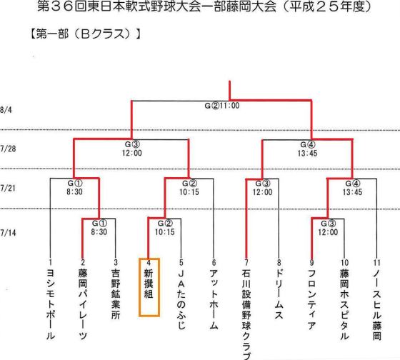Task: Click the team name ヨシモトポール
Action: pyautogui.click(x=51, y=304)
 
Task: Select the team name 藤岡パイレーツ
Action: pyautogui.click(x=83, y=304)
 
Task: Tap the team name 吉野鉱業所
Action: pyautogui.click(x=116, y=294)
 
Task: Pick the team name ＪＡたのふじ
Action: pyautogui.click(x=181, y=299)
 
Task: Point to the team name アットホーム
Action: pyautogui.click(x=214, y=299)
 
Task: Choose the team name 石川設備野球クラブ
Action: pyautogui.click(x=246, y=314)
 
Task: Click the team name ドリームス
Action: pyautogui.click(x=279, y=294)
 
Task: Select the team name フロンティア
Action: pyautogui.click(x=311, y=299)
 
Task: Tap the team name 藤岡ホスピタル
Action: pyautogui.click(x=344, y=304)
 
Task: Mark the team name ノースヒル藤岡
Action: pyautogui.click(x=377, y=304)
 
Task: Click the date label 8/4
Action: pyautogui.click(x=6, y=110)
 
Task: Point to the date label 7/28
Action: pyautogui.click(x=8, y=149)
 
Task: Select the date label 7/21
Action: pyautogui.click(x=8, y=189)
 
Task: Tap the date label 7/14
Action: pyautogui.click(x=8, y=233)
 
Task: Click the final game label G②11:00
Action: pyautogui.click(x=222, y=106)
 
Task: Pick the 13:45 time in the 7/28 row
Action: pyautogui.click(x=307, y=153)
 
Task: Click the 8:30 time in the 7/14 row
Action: pyautogui.click(x=99, y=232)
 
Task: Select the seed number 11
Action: pyautogui.click(x=377, y=263)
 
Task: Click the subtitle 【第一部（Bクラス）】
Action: pyautogui.click(x=86, y=34)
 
